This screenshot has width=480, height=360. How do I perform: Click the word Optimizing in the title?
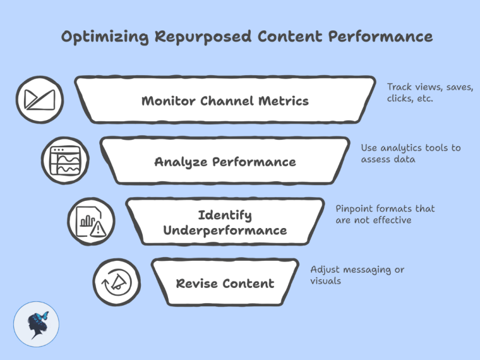[x=100, y=37]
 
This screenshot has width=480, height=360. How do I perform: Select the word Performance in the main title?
[x=380, y=37]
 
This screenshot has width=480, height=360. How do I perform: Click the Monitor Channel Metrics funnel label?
[x=225, y=100]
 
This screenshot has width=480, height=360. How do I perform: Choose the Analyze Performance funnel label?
[x=225, y=162]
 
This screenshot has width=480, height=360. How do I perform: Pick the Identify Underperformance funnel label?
[x=225, y=222]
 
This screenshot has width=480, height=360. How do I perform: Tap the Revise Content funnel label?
[x=225, y=283]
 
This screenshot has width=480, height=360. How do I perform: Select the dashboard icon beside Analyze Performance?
[x=63, y=161]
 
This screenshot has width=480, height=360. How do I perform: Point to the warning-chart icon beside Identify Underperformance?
[x=88, y=222]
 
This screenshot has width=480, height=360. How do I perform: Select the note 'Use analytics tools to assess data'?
[x=411, y=153]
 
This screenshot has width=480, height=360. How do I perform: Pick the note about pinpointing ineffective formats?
[x=385, y=214]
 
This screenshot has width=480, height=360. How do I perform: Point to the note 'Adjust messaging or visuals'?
[x=357, y=275]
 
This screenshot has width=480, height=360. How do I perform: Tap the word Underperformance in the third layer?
[x=225, y=231]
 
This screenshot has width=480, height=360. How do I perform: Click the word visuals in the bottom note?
[x=326, y=281]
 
